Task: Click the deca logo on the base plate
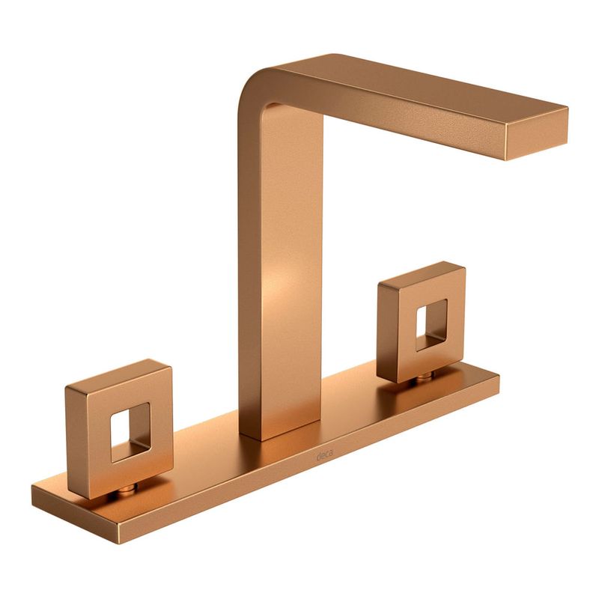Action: coord(324,455)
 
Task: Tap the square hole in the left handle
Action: coord(130,433)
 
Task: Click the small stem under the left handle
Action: coord(127,489)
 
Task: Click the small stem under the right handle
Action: coord(424,377)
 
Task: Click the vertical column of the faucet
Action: coord(281,267)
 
